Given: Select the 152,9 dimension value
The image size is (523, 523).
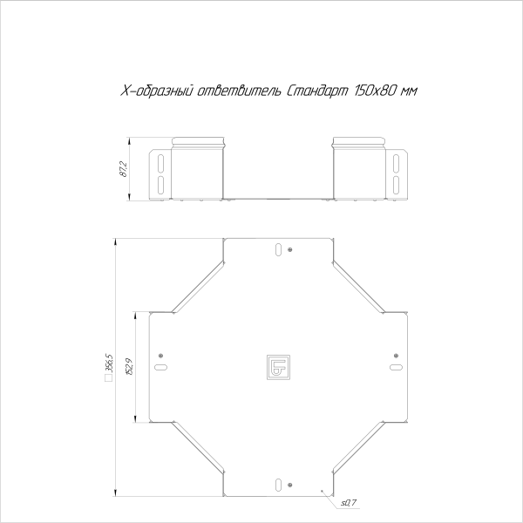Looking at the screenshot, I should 128,367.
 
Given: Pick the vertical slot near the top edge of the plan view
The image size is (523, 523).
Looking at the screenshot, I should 278,250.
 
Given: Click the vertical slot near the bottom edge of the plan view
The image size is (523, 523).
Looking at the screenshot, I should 278,485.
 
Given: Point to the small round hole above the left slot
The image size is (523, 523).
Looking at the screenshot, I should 161,355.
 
